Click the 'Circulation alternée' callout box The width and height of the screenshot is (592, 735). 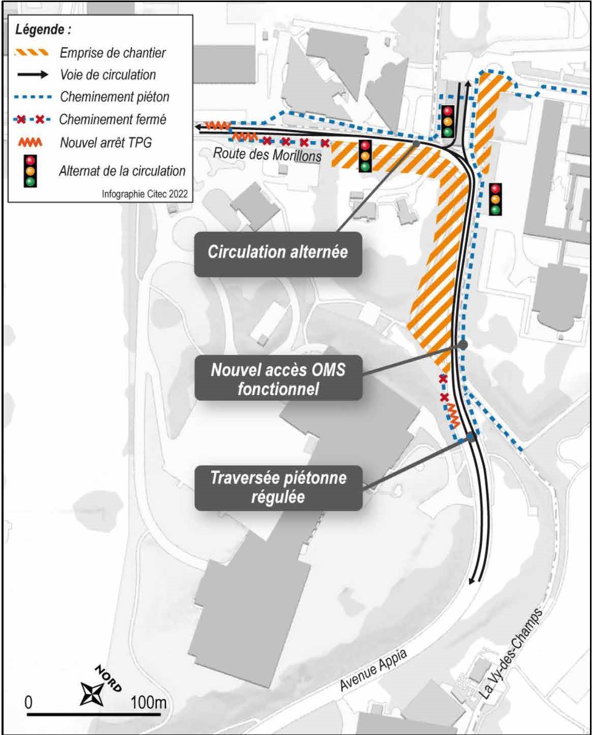(x=278, y=254)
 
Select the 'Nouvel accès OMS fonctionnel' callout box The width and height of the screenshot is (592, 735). (x=278, y=378)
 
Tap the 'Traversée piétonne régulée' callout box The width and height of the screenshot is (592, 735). (x=278, y=488)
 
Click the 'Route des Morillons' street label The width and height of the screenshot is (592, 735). (x=267, y=154)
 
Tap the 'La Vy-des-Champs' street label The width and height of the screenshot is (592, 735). (x=511, y=653)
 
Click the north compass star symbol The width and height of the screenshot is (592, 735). (x=92, y=694)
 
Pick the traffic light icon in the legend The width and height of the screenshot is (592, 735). (x=30, y=171)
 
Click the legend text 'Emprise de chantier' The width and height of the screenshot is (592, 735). (x=113, y=53)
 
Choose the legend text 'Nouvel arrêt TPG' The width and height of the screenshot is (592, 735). (x=106, y=143)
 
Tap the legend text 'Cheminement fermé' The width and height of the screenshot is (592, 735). (x=113, y=120)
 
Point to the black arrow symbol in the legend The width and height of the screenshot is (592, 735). (x=33, y=75)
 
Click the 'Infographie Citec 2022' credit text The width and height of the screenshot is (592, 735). (x=145, y=194)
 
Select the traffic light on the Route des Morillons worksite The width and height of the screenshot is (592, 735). (x=365, y=156)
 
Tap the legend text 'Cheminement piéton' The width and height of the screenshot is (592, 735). (x=115, y=97)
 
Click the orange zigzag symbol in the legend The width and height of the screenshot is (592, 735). (x=30, y=143)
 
